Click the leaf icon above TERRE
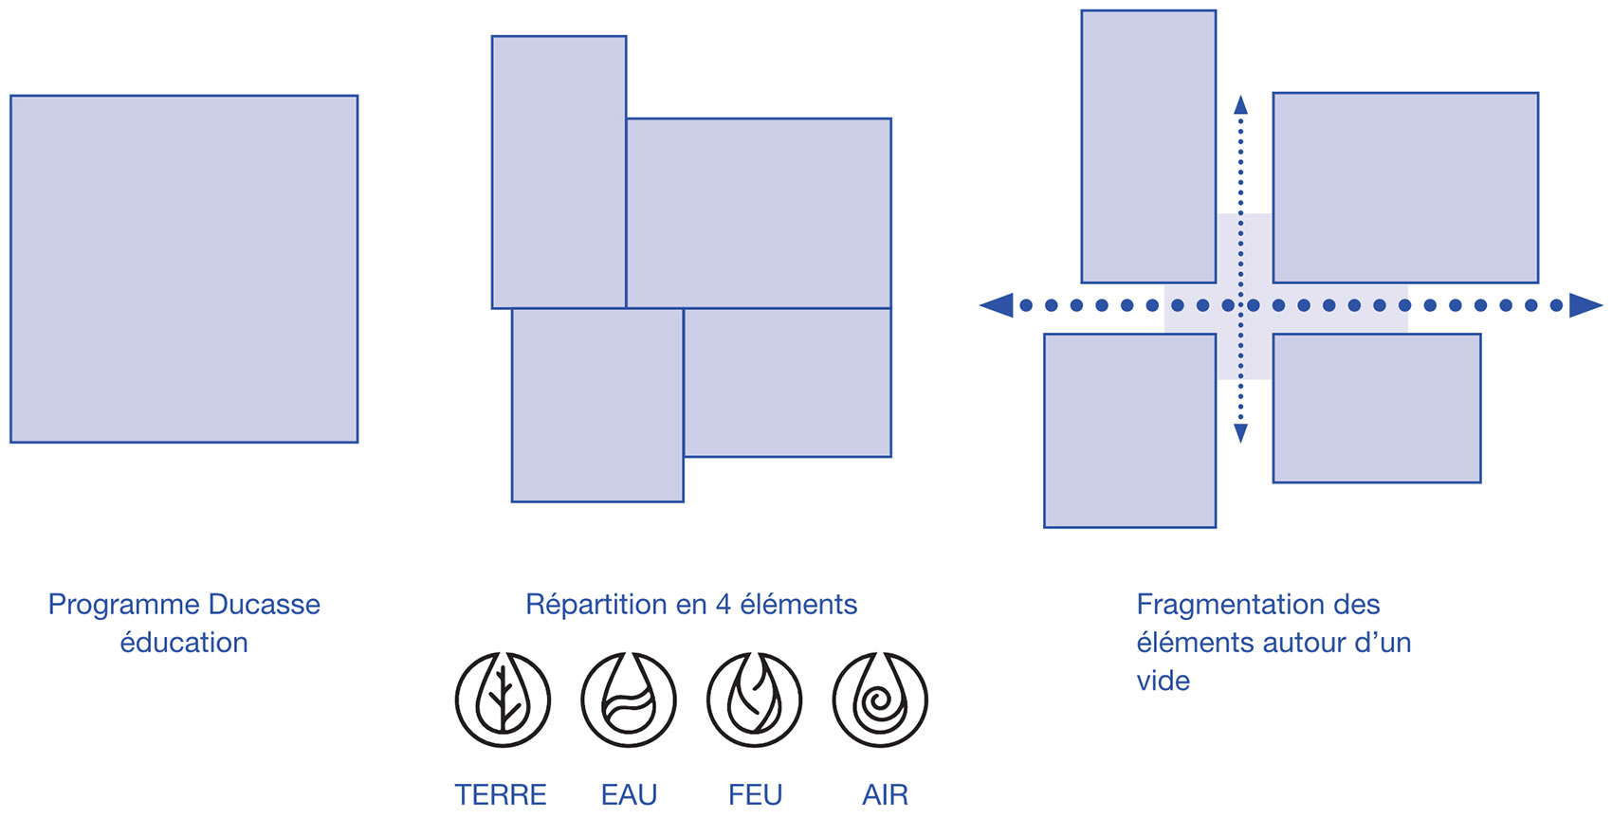(x=503, y=700)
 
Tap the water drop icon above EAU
(x=629, y=700)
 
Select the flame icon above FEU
(x=754, y=700)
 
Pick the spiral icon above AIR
(x=880, y=700)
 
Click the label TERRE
(x=501, y=795)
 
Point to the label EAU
(x=629, y=795)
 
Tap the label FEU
(x=755, y=795)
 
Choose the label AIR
(x=885, y=795)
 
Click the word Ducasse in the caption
(x=265, y=605)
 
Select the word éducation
(x=184, y=643)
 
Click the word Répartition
(x=595, y=606)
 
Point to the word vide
(x=1163, y=681)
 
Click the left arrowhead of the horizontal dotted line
(x=996, y=305)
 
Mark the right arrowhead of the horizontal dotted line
(x=1586, y=305)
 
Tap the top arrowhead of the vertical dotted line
(x=1240, y=105)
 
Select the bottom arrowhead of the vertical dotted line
(x=1240, y=433)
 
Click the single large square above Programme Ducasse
(x=184, y=269)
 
